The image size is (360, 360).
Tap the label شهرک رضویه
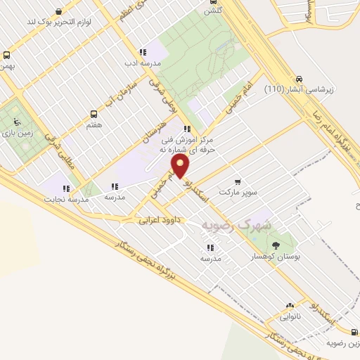(235, 225)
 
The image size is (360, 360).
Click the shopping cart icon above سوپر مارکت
(238, 181)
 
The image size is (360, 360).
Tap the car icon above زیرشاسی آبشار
(300, 79)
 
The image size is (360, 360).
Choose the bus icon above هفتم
(94, 113)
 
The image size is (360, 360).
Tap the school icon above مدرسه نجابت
(65, 188)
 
